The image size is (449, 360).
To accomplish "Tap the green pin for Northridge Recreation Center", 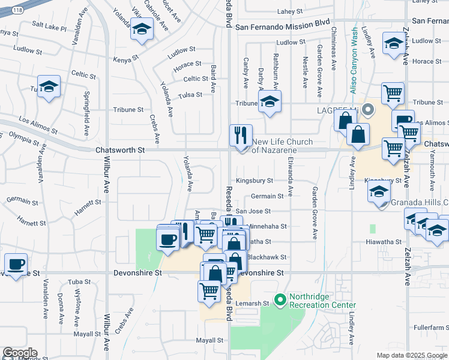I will coord(279,299).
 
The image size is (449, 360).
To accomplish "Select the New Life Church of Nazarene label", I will coord(282,146).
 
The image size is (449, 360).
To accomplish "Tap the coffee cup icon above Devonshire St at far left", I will coord(16,264).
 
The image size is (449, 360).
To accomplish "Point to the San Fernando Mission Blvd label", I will coord(283,26).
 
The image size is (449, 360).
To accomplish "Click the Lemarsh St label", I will coord(252,304).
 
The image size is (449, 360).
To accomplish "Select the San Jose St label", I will coord(253,211).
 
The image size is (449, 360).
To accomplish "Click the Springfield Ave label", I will coord(86,113).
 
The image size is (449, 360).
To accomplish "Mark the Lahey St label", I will coord(292,11).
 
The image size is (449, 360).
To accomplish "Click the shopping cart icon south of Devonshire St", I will coord(209,290).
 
